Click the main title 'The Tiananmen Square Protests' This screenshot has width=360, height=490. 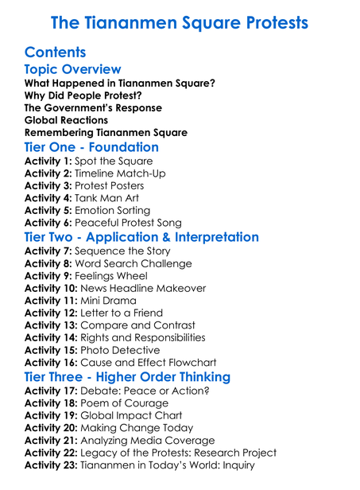point(180,21)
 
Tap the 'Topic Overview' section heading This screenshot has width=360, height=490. point(72,70)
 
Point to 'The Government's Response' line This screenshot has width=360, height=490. point(93,107)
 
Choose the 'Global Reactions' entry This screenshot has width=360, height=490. point(66,120)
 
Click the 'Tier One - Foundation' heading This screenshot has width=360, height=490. point(91,147)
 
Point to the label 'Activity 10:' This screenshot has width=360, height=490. point(51,288)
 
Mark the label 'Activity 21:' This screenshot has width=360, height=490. point(51,440)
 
